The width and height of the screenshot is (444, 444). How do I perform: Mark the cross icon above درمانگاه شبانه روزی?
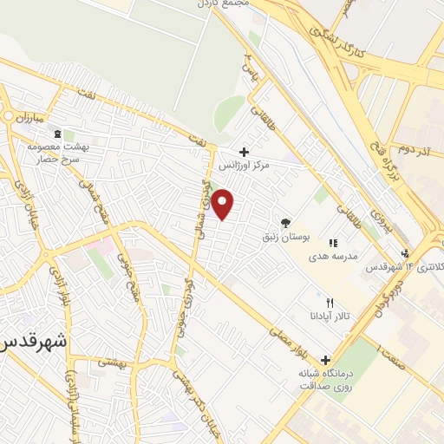point(326,359)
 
